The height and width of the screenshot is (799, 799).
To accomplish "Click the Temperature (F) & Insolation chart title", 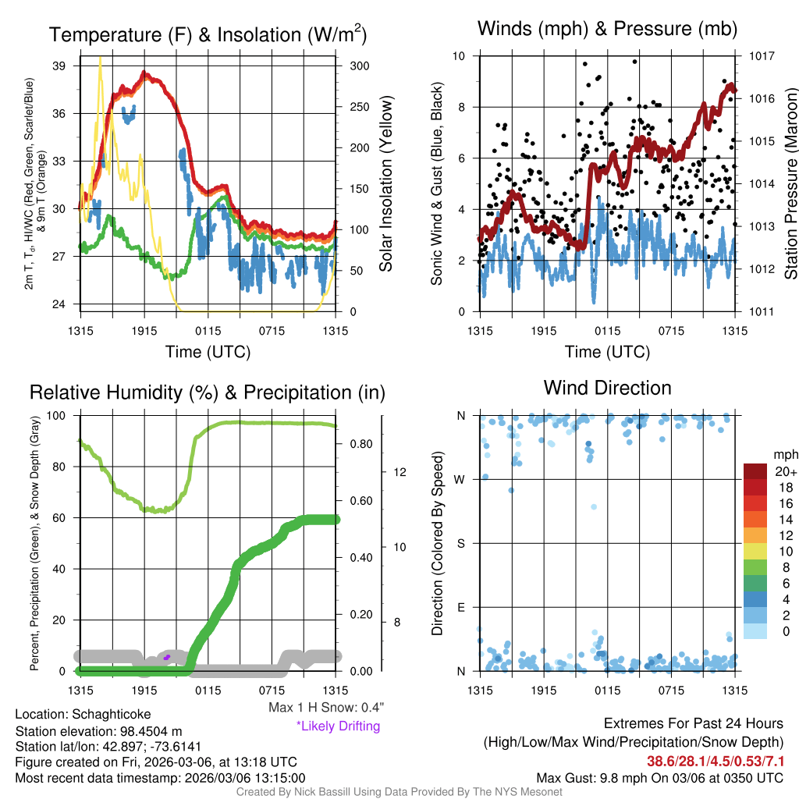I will coord(208,34).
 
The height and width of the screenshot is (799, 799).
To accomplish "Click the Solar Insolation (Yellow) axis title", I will coord(385,184).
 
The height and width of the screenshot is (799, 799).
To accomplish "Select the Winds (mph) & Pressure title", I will coord(607,29).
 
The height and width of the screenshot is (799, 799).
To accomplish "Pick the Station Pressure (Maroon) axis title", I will coord(790,184).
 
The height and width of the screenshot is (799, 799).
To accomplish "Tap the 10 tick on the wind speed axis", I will coord(460,56).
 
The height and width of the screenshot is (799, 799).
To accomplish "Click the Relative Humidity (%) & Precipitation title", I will coord(207,392).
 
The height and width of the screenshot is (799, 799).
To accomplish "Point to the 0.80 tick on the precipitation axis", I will coord(360,444).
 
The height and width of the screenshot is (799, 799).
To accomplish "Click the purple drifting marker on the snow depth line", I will coord(167,657).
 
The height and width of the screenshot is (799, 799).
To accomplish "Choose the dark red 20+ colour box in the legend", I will coord(756,471).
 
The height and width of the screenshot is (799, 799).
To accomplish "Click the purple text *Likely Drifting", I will coord(338,726).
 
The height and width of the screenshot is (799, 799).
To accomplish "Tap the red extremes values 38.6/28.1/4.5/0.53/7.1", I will coord(716,761).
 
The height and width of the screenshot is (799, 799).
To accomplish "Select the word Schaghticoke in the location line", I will coord(112,714).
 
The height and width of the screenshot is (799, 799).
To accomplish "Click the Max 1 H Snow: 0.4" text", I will coord(325,708).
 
